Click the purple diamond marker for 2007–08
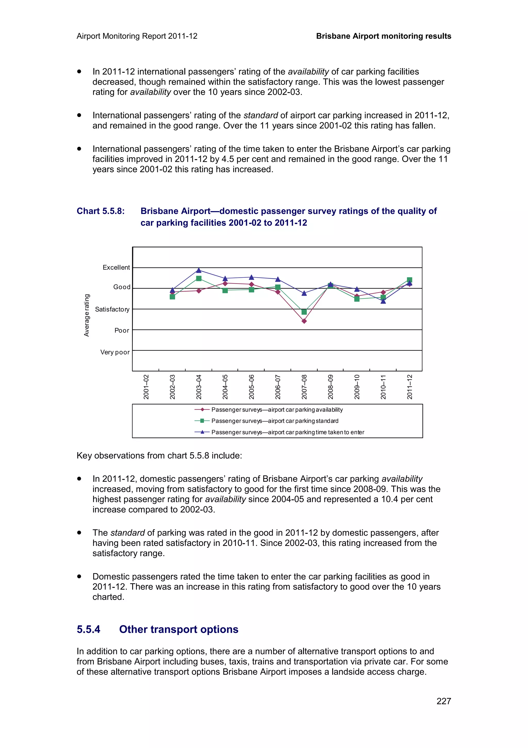(304, 321)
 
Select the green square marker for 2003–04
(199, 278)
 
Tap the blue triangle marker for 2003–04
(199, 270)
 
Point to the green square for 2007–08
(304, 312)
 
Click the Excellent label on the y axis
(116, 267)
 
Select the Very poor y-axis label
(115, 352)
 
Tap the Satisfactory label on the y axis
(112, 309)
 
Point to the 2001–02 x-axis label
(146, 387)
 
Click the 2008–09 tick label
(331, 387)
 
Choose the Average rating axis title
(87, 315)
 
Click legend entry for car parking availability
(277, 410)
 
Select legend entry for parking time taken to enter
(287, 432)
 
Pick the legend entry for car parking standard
(275, 421)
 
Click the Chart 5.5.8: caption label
(101, 211)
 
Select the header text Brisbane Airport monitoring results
(384, 36)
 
